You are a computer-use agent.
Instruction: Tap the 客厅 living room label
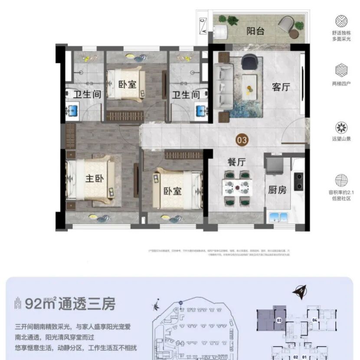[x=281, y=87]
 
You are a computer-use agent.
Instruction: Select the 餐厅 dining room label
[x=237, y=162]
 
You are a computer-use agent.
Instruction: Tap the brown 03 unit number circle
[x=242, y=139]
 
